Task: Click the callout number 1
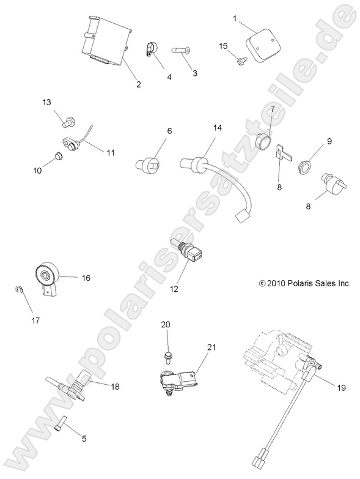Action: pyautogui.click(x=235, y=19)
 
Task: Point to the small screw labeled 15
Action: pyautogui.click(x=240, y=61)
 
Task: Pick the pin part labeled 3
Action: pyautogui.click(x=180, y=50)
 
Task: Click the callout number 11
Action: pyautogui.click(x=110, y=152)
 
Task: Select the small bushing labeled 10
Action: pyautogui.click(x=58, y=156)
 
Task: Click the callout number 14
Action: pyautogui.click(x=217, y=128)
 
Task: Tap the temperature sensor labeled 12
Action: pyautogui.click(x=188, y=250)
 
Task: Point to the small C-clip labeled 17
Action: pyautogui.click(x=18, y=289)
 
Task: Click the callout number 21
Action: pyautogui.click(x=211, y=347)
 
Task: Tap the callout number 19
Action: pyautogui.click(x=342, y=388)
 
